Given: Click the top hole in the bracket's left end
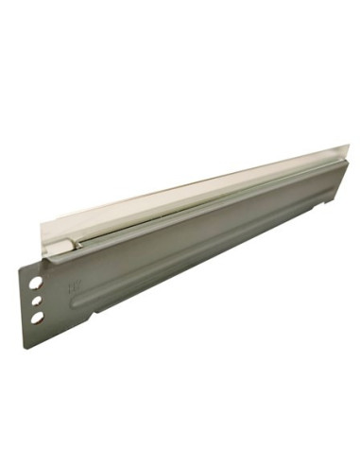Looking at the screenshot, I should (34, 282).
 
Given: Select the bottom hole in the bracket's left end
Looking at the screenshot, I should (36, 318).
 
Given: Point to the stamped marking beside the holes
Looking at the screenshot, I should (71, 283).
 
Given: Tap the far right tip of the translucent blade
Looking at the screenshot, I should (349, 146).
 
